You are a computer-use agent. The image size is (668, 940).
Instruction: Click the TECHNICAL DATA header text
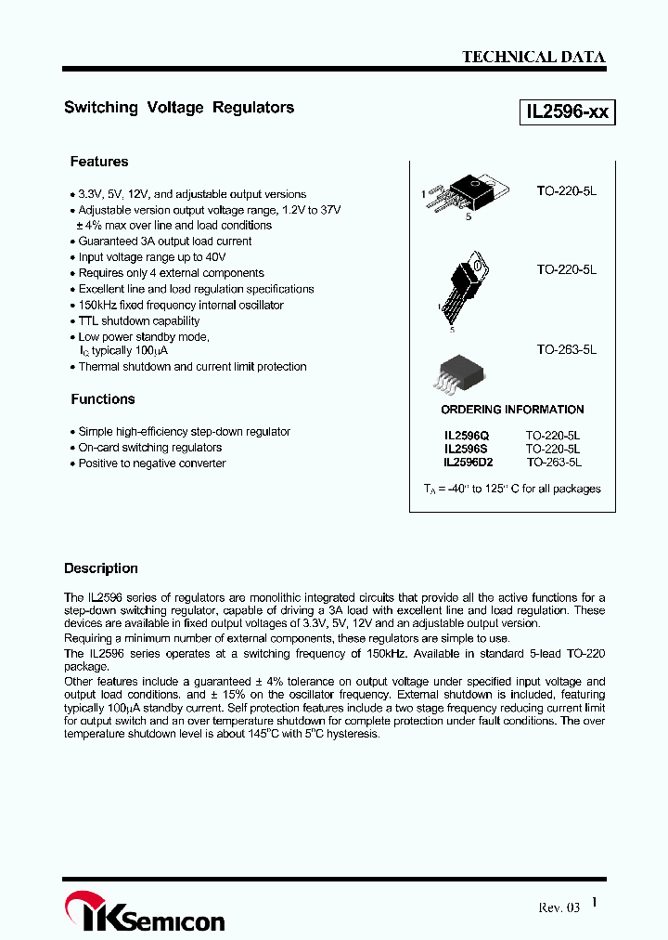533,57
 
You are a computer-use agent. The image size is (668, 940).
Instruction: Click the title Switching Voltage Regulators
179,108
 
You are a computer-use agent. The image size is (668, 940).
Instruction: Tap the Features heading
99,162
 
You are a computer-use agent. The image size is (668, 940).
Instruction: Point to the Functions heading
103,399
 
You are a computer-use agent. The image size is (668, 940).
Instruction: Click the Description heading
101,568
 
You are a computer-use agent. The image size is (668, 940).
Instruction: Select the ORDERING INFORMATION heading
512,410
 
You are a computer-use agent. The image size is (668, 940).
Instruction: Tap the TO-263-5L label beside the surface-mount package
566,350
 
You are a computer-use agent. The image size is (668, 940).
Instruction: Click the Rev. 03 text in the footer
559,907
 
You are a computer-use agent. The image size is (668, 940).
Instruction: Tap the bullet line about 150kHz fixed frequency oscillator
181,306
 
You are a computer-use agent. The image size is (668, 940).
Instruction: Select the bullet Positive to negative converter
152,463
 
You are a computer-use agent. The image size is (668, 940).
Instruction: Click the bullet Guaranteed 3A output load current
165,242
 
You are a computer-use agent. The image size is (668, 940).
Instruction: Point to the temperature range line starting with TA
512,489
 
